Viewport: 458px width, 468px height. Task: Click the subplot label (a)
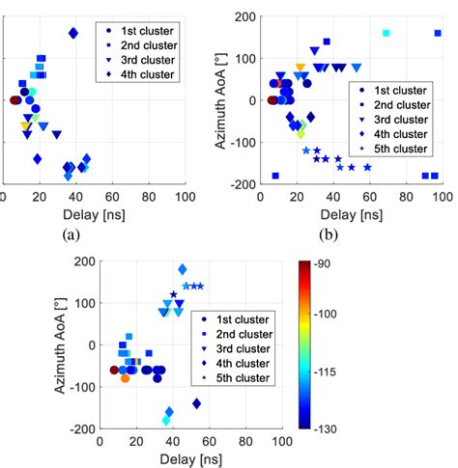pos(71,234)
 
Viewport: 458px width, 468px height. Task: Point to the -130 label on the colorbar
pos(336,427)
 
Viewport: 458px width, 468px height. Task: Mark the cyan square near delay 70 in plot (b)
pos(386,33)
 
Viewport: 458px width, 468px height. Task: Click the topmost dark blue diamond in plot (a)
pos(73,33)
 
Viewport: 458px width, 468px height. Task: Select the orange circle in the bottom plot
pos(125,378)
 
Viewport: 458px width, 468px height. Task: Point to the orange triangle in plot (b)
pos(300,68)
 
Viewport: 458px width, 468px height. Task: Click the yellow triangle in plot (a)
pos(25,125)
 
